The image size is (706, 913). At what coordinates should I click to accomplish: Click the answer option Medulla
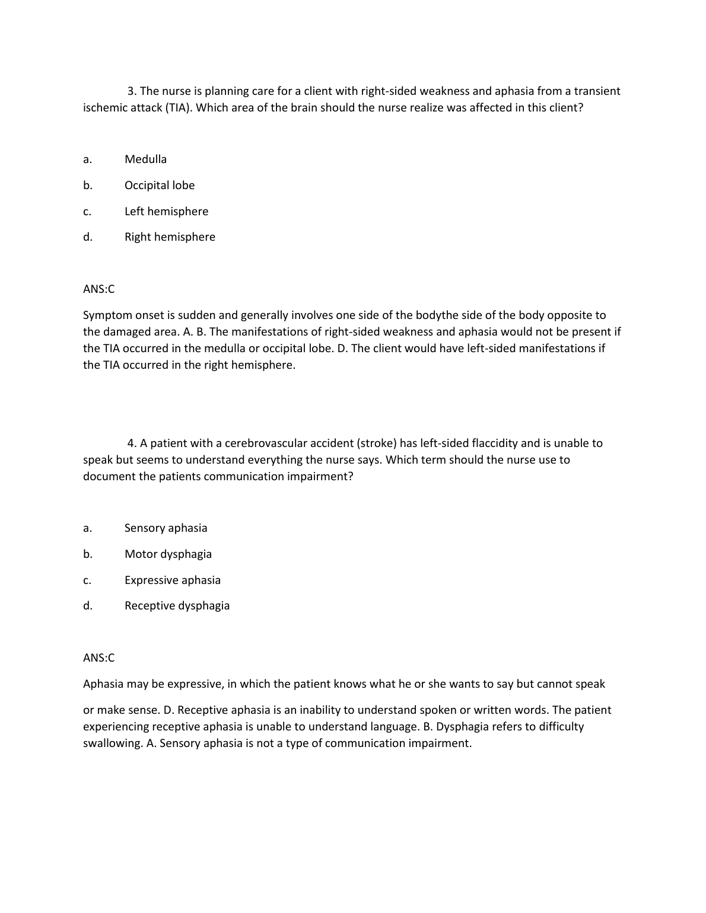pyautogui.click(x=145, y=159)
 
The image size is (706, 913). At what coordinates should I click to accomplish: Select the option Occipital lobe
pyautogui.click(x=159, y=185)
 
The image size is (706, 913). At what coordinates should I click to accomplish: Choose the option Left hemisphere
pyautogui.click(x=166, y=211)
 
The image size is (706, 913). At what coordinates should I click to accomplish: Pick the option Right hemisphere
pyautogui.click(x=170, y=237)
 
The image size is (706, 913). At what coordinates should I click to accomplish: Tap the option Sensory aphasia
pyautogui.click(x=166, y=528)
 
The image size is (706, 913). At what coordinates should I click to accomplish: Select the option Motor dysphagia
pyautogui.click(x=168, y=554)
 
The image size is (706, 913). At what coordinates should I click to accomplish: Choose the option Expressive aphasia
pyautogui.click(x=172, y=580)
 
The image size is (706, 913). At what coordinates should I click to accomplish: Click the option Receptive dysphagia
pyautogui.click(x=177, y=605)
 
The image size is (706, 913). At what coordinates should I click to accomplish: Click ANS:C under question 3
pyautogui.click(x=98, y=289)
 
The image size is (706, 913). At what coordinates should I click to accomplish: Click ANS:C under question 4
pyautogui.click(x=98, y=657)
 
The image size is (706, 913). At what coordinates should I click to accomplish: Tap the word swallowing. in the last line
pyautogui.click(x=113, y=743)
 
